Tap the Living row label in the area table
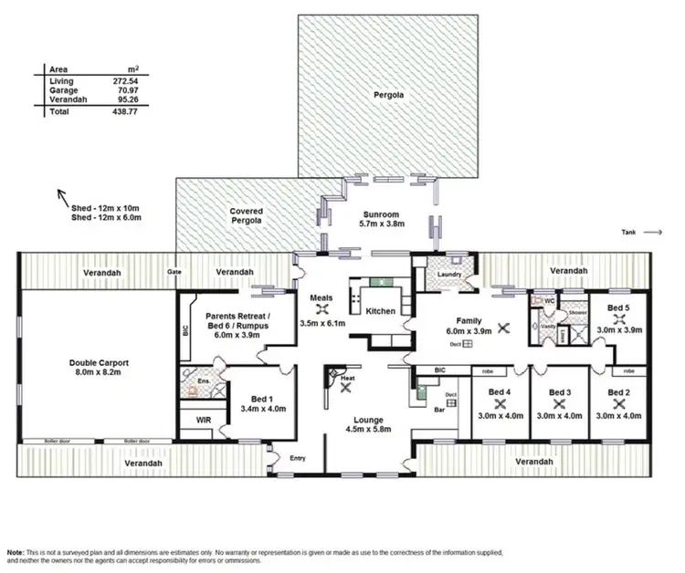pos(60,81)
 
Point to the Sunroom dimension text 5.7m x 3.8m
pos(382,223)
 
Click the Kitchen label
pos(380,311)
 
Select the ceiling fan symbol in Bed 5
pos(619,319)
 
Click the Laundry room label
pos(449,274)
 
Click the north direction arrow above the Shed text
pos(63,194)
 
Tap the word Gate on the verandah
pos(173,272)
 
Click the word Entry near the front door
pos(297,457)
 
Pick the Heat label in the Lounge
pos(347,378)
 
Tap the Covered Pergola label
pos(247,215)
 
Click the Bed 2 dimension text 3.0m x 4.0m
pos(618,415)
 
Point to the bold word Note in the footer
pos(16,552)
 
